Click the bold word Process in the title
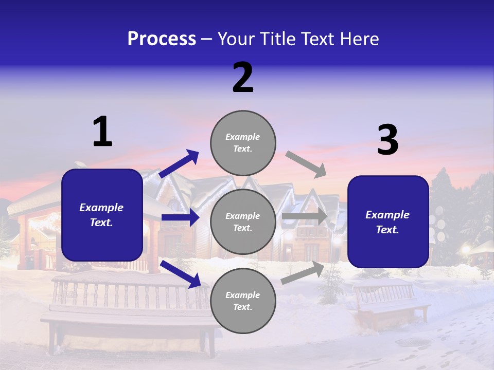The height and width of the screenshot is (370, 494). pyautogui.click(x=162, y=39)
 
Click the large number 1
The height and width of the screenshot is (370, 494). pyautogui.click(x=102, y=132)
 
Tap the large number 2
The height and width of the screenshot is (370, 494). pyautogui.click(x=243, y=78)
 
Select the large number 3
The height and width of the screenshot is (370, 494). pyautogui.click(x=387, y=140)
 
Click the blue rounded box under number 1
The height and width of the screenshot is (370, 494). pyautogui.click(x=102, y=215)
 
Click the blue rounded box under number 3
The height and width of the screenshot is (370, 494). pyautogui.click(x=388, y=221)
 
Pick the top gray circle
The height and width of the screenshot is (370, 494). pyautogui.click(x=243, y=143)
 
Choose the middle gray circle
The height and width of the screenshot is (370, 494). pyautogui.click(x=243, y=221)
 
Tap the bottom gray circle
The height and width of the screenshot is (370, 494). pyautogui.click(x=243, y=301)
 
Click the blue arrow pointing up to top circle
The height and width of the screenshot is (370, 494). pyautogui.click(x=179, y=164)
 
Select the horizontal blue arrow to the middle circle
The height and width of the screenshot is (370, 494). pyautogui.click(x=180, y=217)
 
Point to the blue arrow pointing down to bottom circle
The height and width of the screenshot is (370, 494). pyautogui.click(x=180, y=273)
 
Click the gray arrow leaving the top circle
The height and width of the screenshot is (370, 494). pyautogui.click(x=306, y=164)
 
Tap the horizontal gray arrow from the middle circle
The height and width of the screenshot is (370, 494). pyautogui.click(x=305, y=216)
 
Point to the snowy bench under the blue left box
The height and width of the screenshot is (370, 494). pyautogui.click(x=129, y=308)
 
